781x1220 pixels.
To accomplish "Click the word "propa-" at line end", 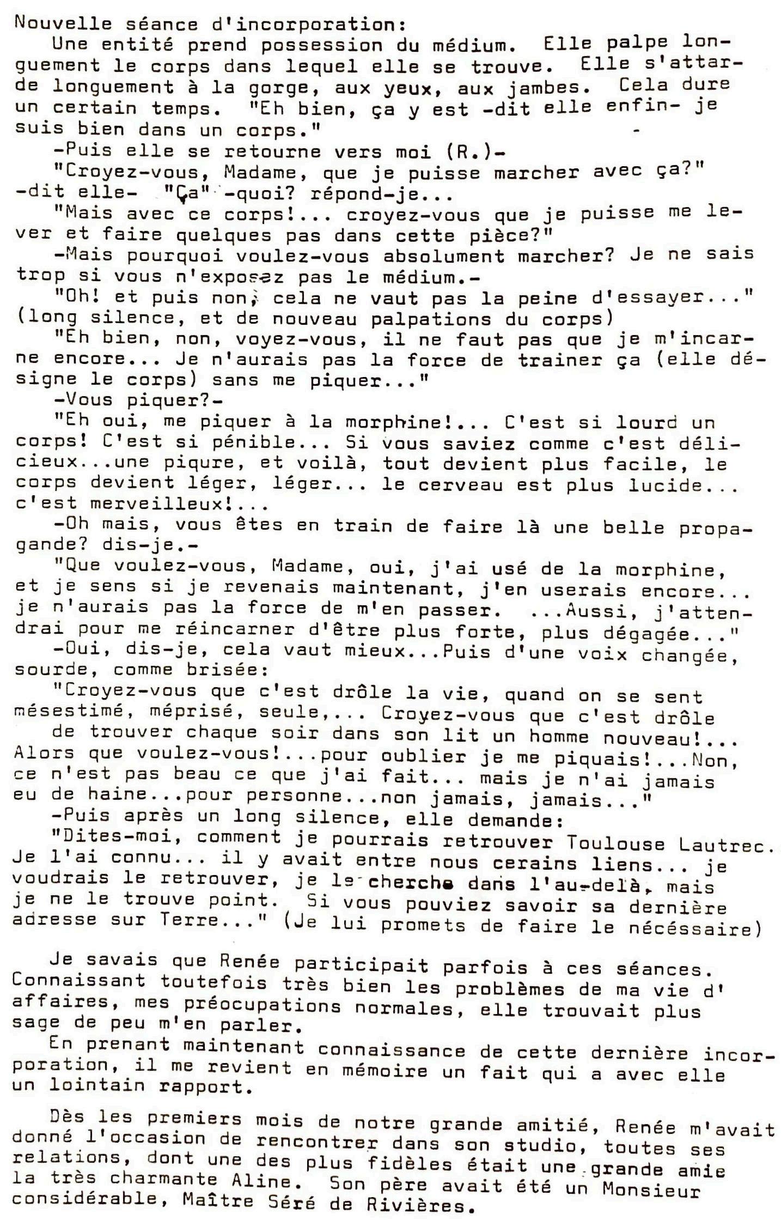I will tap(711, 529).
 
